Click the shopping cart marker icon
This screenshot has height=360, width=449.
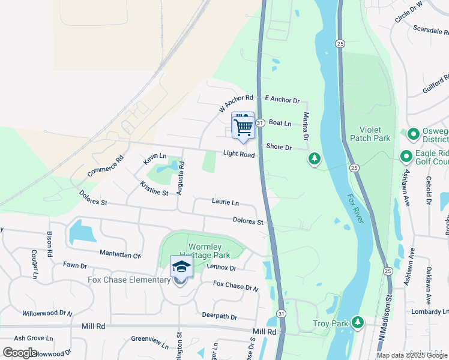[243, 127]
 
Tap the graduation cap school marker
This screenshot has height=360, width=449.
[181, 266]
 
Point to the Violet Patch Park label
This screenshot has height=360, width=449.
[375, 134]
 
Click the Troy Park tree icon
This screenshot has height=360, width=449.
[358, 323]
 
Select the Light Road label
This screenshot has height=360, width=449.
[239, 154]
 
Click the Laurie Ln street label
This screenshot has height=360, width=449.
[225, 202]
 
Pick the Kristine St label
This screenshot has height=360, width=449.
[154, 188]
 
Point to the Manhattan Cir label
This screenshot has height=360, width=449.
[121, 254]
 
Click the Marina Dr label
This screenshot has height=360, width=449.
[306, 127]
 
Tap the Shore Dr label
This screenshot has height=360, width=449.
[279, 147]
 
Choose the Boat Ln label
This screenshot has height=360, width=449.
[280, 123]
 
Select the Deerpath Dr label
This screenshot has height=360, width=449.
[220, 316]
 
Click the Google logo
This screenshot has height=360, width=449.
[20, 352]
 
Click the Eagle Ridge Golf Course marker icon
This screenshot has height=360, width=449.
[405, 157]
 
